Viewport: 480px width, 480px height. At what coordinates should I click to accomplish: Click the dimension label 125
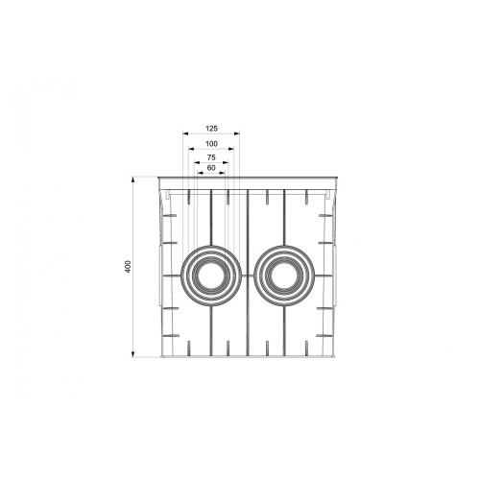pos(211,129)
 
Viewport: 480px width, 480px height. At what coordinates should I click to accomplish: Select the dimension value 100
pos(211,144)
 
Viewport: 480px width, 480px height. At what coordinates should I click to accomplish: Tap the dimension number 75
pos(211,157)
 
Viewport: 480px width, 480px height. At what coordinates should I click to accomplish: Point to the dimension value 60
pos(211,168)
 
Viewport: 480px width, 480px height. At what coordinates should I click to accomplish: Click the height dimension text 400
pos(128,267)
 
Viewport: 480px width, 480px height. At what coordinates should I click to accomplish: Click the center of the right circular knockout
pos(285,276)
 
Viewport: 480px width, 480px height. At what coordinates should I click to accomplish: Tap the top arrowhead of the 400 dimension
pos(132,180)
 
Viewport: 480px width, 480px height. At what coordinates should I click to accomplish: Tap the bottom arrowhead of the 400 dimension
pos(132,353)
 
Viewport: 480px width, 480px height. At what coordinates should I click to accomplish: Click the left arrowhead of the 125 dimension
pos(185,133)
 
